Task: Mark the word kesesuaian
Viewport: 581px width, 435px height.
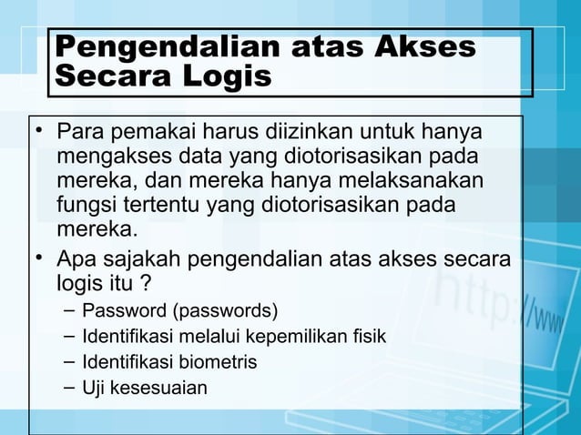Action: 160,389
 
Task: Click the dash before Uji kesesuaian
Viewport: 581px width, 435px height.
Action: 70,388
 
